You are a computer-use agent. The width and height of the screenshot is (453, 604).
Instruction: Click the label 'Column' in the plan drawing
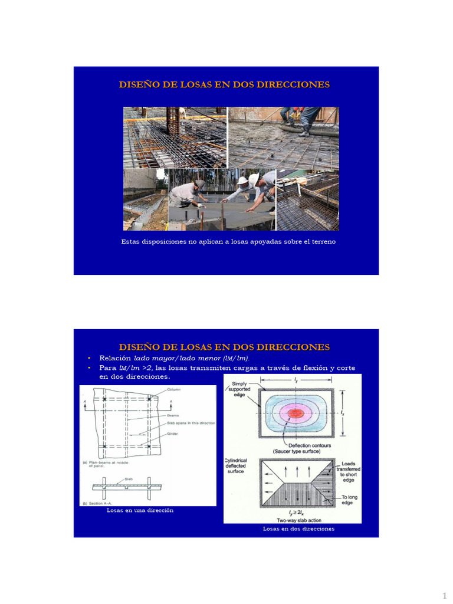point(174,390)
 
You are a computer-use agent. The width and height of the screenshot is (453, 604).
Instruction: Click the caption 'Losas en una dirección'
point(140,510)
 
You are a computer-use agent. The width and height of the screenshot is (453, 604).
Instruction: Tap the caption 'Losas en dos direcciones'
point(298,529)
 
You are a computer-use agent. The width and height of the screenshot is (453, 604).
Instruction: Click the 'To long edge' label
point(349,500)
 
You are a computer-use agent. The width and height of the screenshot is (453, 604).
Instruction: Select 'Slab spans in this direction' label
point(190,423)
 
